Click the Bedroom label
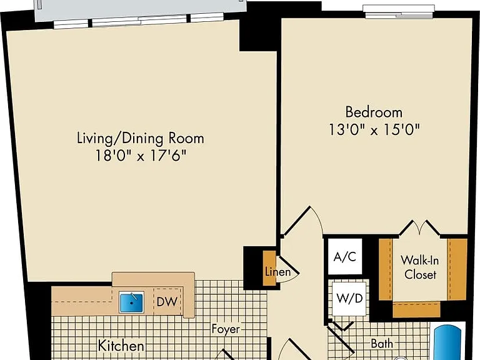[x=374, y=112]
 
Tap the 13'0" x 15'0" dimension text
[x=374, y=129]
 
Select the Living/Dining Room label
[x=141, y=138]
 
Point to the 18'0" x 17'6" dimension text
[x=141, y=156]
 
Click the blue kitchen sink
[x=131, y=302]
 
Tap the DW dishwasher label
[x=167, y=302]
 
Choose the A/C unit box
[x=345, y=256]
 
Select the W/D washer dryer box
[x=349, y=299]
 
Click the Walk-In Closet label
[x=420, y=267]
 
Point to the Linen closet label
[x=277, y=272]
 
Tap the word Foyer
[x=226, y=329]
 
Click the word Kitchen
[x=121, y=346]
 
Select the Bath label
[x=382, y=344]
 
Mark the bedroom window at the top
[x=399, y=12]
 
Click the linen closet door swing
[x=287, y=269]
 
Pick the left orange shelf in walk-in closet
[x=386, y=269]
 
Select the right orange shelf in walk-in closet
[x=457, y=269]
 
